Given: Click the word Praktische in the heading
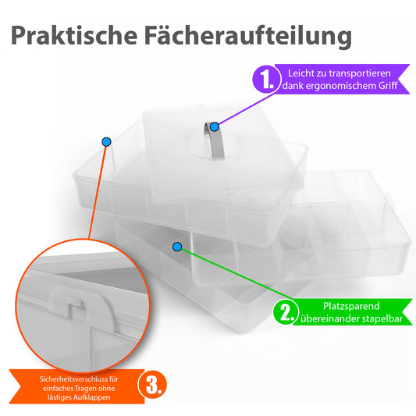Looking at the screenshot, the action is click(x=74, y=35).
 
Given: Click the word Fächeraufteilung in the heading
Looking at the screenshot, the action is click(x=248, y=36).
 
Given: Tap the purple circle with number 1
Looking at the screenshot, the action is click(x=266, y=79).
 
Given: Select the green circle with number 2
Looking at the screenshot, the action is click(x=286, y=311).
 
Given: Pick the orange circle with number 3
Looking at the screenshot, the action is click(x=152, y=385).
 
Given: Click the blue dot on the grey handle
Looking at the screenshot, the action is click(x=215, y=126).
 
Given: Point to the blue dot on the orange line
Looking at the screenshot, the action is click(x=106, y=142).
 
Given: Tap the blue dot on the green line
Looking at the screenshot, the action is click(x=177, y=247).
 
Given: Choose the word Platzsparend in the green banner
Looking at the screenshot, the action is click(x=351, y=307).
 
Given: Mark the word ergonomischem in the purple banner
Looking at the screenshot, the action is click(x=340, y=86).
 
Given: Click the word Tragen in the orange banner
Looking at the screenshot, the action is click(x=87, y=389).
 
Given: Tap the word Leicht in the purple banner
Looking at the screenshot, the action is click(x=300, y=73).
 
